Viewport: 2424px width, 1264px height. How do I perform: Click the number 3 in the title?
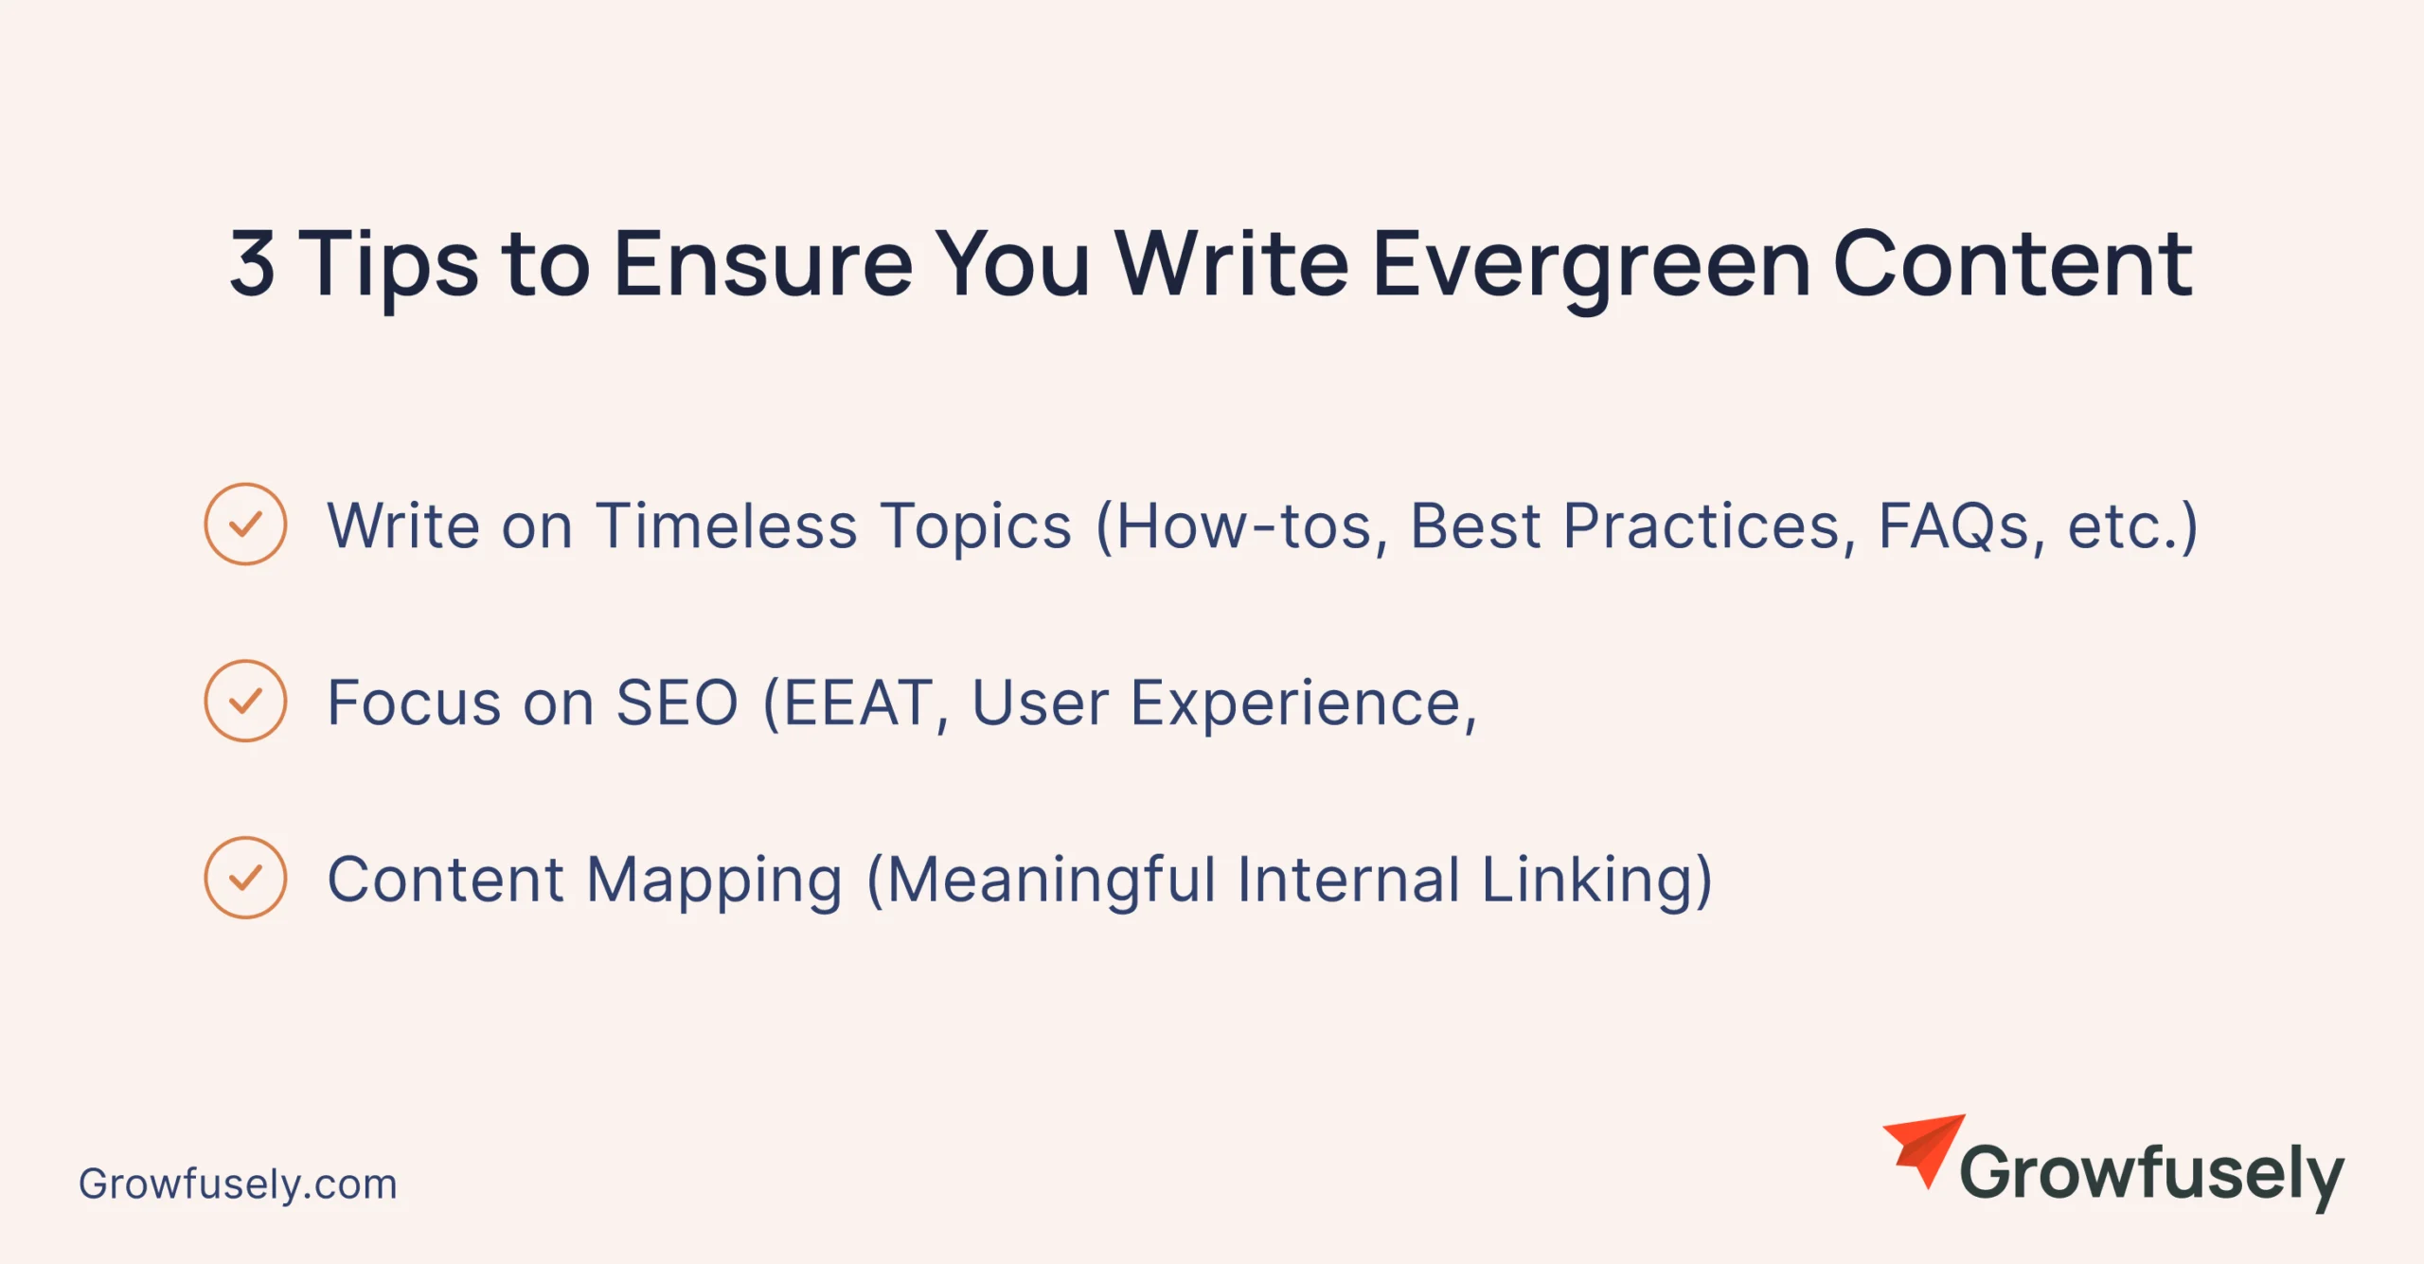(252, 262)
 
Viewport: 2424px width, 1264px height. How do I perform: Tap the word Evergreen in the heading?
(1592, 270)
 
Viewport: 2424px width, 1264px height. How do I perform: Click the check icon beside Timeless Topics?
(245, 524)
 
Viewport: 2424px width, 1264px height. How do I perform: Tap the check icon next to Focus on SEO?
(245, 701)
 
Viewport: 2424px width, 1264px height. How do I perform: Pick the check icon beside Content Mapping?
(245, 878)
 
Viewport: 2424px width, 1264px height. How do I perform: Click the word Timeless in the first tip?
(727, 525)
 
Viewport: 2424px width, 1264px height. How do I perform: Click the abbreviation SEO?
(677, 703)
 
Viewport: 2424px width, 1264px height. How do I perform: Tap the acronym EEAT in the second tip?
(857, 703)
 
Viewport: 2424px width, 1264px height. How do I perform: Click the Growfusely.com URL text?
(238, 1184)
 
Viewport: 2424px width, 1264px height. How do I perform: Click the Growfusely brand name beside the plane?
(2151, 1174)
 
